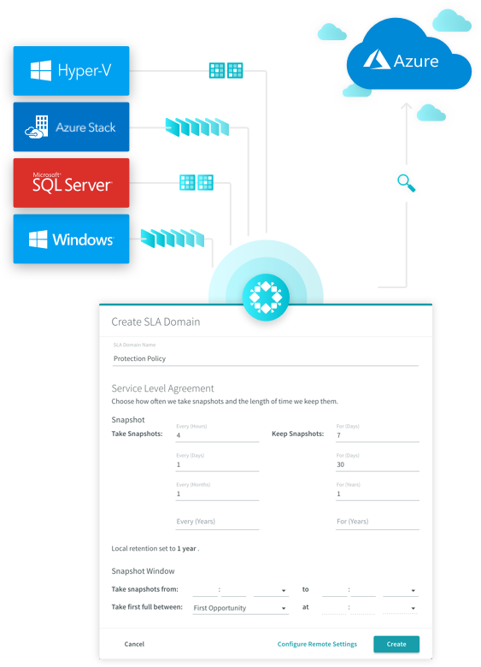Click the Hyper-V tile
pos(72,71)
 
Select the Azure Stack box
pos(72,127)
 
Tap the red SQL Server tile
pos(72,183)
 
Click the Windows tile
pos(72,239)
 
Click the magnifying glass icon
pos(406,183)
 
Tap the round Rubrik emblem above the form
pos(266,297)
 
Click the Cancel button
pos(134,644)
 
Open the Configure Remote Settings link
pos(317,644)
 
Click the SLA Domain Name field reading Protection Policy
pos(266,358)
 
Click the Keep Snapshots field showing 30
pos(378,464)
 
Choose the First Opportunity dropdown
pos(241,608)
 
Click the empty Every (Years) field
pos(217,522)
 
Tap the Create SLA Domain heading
pos(155,322)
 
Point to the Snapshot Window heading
pos(143,571)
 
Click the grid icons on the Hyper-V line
pos(226,71)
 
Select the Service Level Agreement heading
pos(162,388)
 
